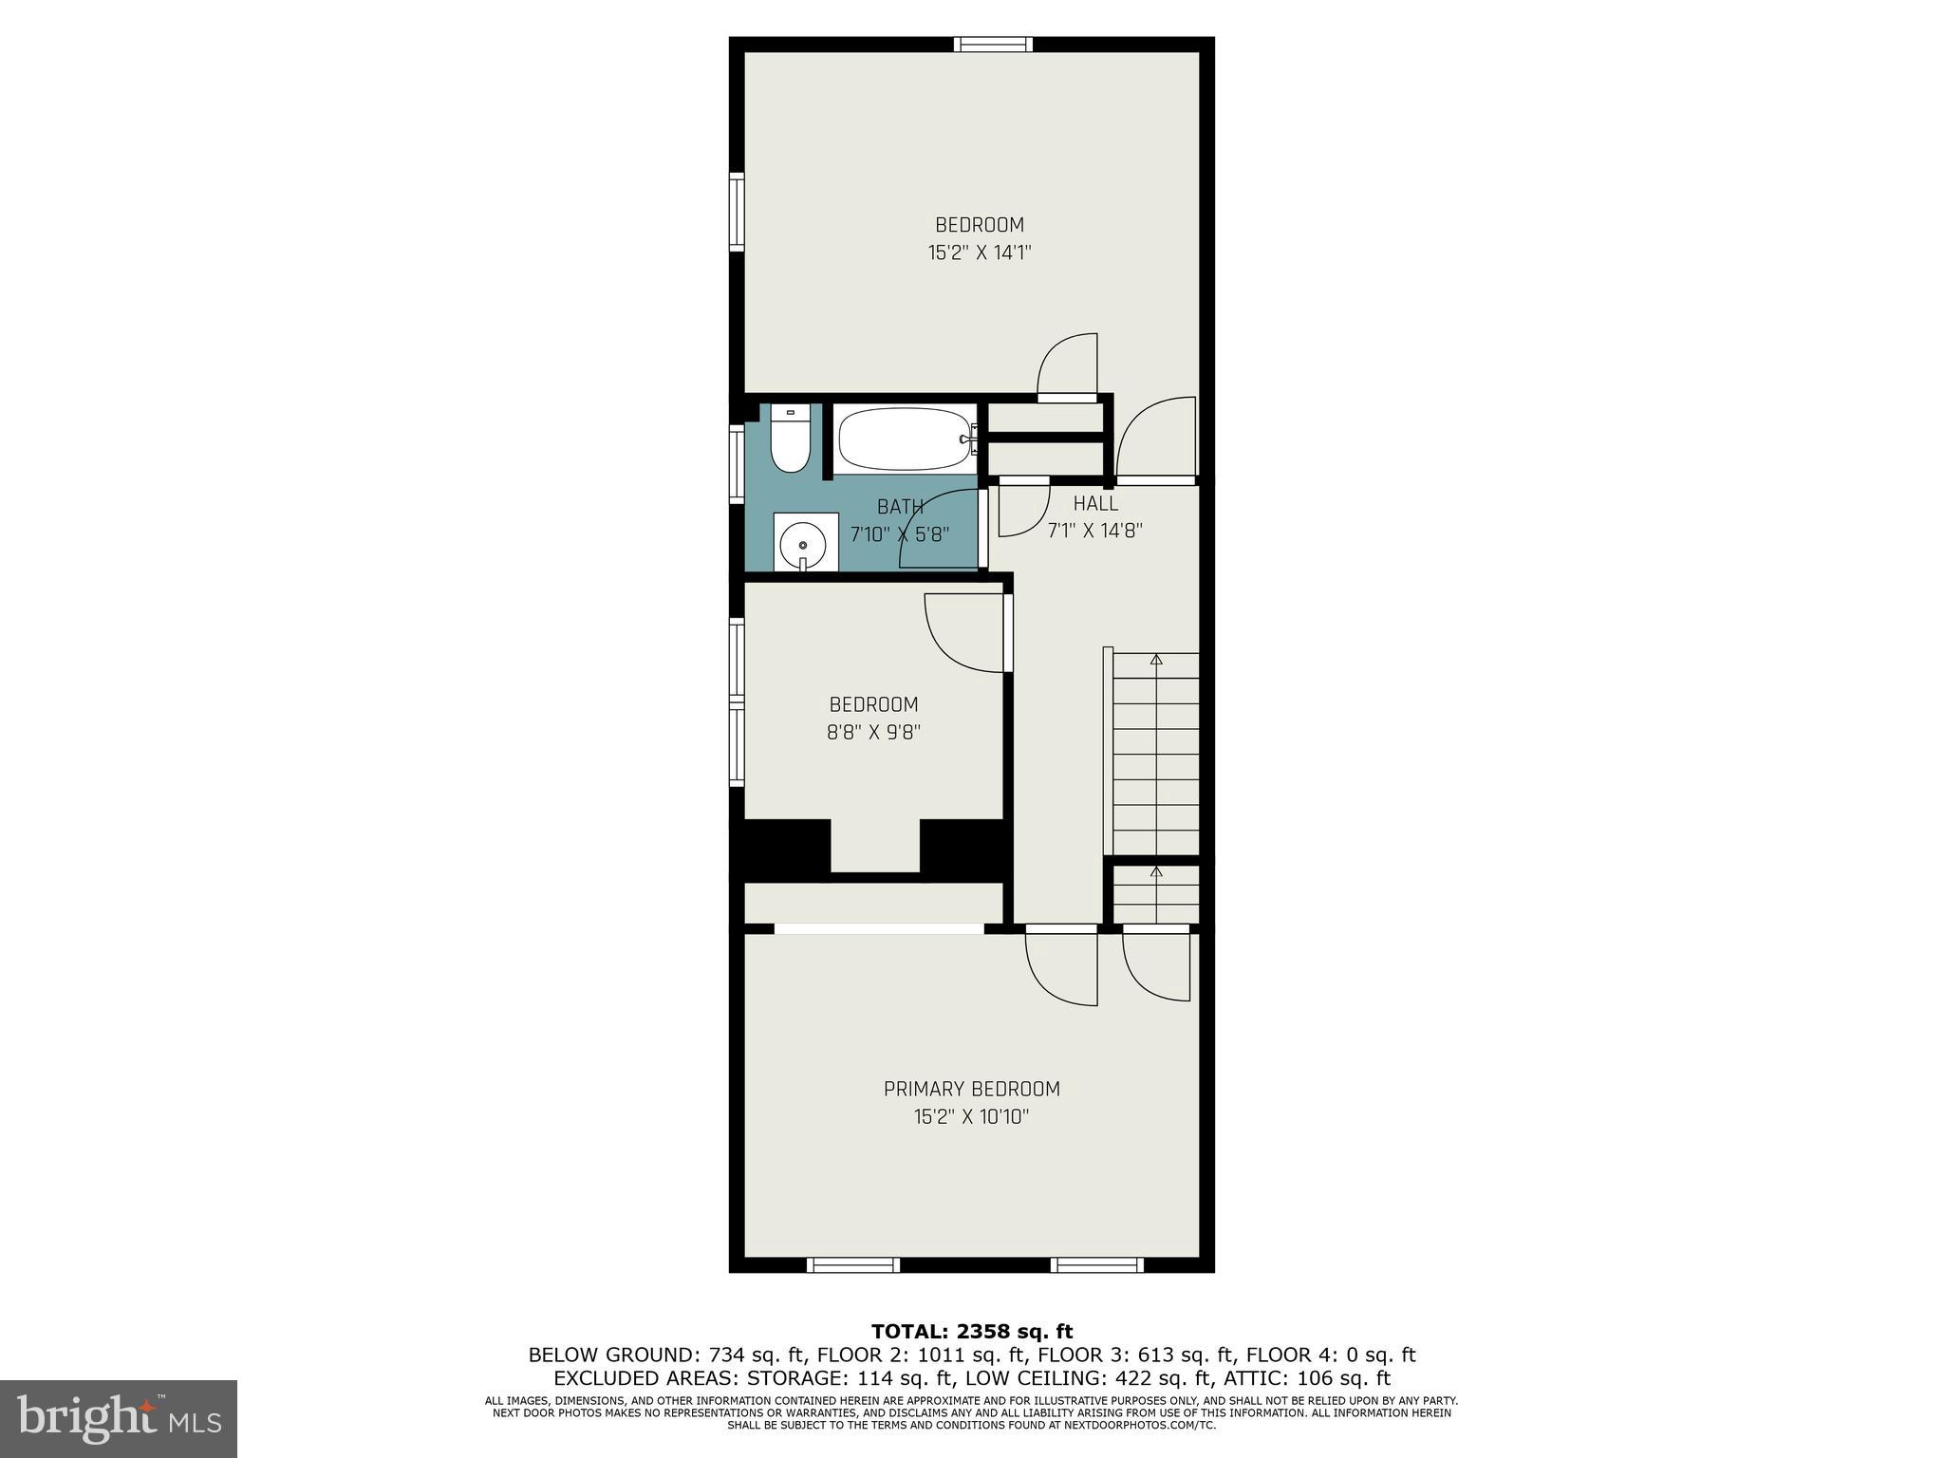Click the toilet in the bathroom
790,440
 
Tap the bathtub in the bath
904,439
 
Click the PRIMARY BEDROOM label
971,1090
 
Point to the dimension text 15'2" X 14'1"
979,252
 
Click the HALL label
1095,504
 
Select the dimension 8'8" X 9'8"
873,732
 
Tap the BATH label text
900,508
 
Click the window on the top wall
993,44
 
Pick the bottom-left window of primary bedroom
852,1264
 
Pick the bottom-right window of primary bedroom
1096,1264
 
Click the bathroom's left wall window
737,463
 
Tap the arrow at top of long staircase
1156,658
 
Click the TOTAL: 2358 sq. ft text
971,1332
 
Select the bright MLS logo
119,1418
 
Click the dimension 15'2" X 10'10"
971,1117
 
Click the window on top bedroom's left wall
737,211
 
